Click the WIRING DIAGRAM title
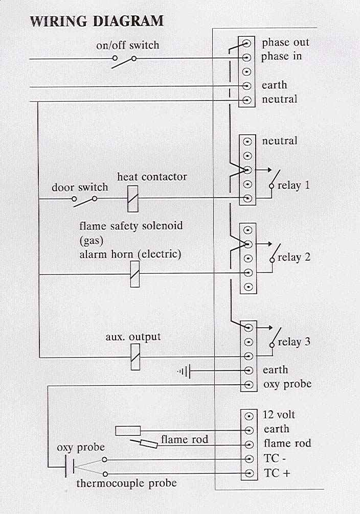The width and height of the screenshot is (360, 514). [x=97, y=21]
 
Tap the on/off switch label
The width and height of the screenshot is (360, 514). [x=127, y=45]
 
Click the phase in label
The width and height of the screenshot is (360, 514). [x=281, y=56]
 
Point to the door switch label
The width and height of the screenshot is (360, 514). [x=80, y=188]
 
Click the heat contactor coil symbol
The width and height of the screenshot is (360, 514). [x=133, y=198]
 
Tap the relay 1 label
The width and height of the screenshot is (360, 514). [x=294, y=185]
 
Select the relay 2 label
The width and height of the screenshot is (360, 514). [x=294, y=257]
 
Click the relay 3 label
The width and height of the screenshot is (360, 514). [x=294, y=342]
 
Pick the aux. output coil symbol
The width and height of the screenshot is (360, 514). [x=135, y=357]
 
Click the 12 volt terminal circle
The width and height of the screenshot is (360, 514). [x=249, y=416]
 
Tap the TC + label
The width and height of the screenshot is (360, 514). [x=277, y=473]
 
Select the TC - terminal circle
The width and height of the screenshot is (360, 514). [x=249, y=459]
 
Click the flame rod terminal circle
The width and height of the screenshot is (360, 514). [x=249, y=445]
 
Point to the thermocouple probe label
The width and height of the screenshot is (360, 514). [x=126, y=483]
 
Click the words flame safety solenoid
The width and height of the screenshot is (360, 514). [x=131, y=225]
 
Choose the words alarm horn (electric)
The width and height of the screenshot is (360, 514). [x=130, y=254]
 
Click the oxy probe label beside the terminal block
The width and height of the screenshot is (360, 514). [x=287, y=384]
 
